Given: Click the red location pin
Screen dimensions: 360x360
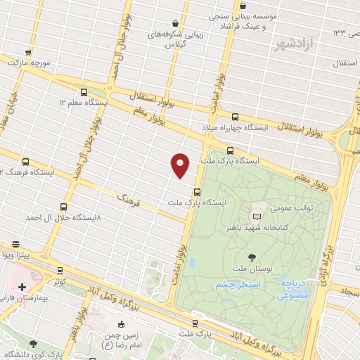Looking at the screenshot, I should tap(181, 165).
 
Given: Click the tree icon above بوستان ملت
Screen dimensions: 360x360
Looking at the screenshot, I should tap(252, 257).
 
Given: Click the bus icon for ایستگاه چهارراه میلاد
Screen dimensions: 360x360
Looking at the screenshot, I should tap(235, 117).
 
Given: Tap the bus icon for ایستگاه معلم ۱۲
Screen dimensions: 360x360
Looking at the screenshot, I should tap(84, 92).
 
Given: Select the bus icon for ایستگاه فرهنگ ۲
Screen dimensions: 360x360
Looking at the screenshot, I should tap(25, 161).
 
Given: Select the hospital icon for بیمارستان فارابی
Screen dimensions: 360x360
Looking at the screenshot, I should tap(22, 288).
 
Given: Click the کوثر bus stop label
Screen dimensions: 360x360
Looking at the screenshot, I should tap(60, 281).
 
